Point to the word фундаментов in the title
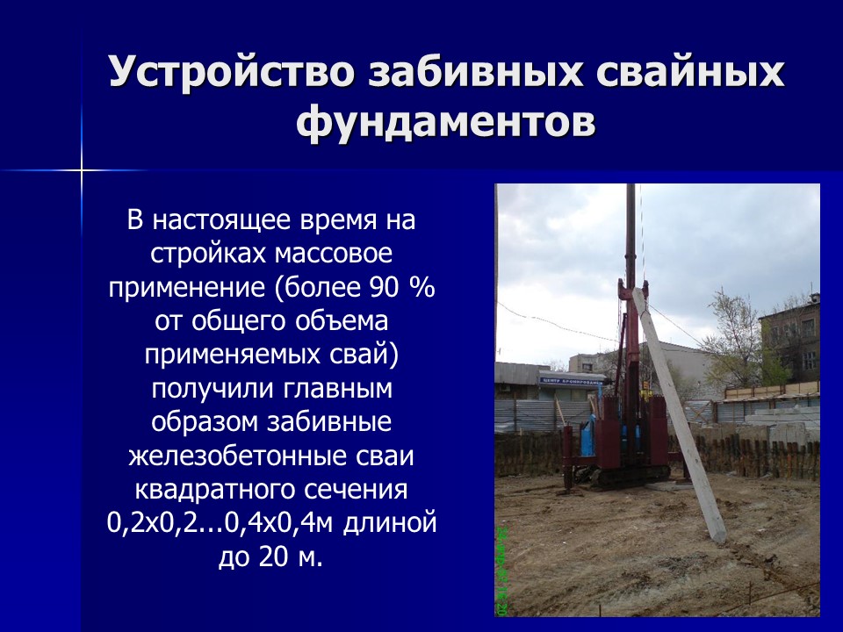pyautogui.click(x=446, y=123)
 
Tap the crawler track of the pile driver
pyautogui.click(x=623, y=477)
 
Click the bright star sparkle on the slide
pyautogui.click(x=82, y=169)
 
